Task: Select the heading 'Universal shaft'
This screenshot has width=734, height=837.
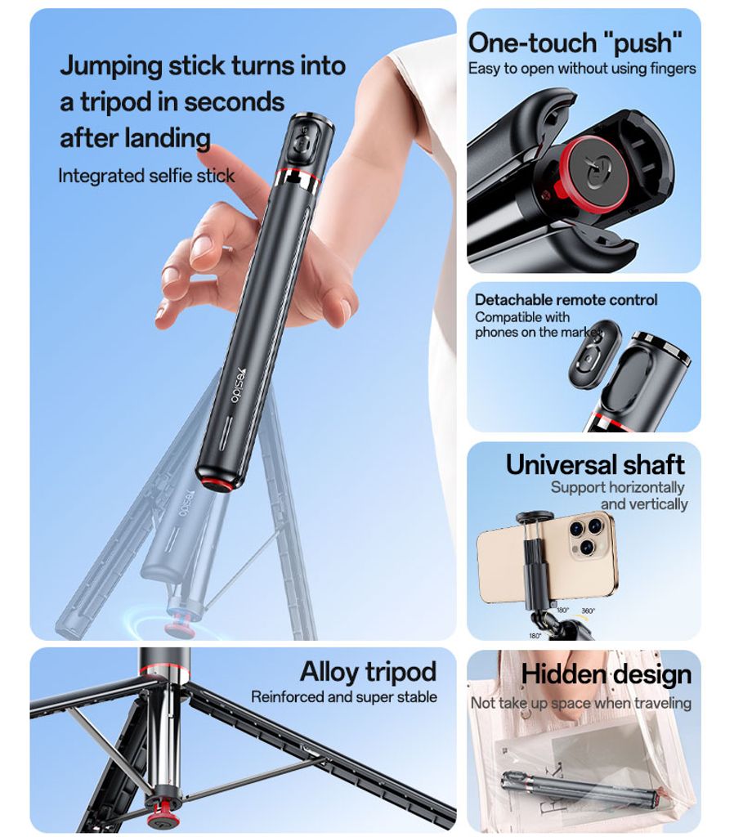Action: (x=594, y=464)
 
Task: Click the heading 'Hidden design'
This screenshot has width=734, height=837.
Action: (x=606, y=674)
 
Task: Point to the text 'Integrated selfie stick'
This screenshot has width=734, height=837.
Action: (x=146, y=176)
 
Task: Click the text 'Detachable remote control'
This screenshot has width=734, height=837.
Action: (x=566, y=300)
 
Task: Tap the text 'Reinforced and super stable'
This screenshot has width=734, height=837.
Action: (x=343, y=697)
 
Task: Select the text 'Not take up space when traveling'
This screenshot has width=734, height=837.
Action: (x=580, y=703)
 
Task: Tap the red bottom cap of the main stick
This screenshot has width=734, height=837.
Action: (x=216, y=482)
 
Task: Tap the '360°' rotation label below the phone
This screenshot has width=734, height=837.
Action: (x=588, y=611)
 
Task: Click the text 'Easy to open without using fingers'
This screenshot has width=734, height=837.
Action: (x=582, y=69)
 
